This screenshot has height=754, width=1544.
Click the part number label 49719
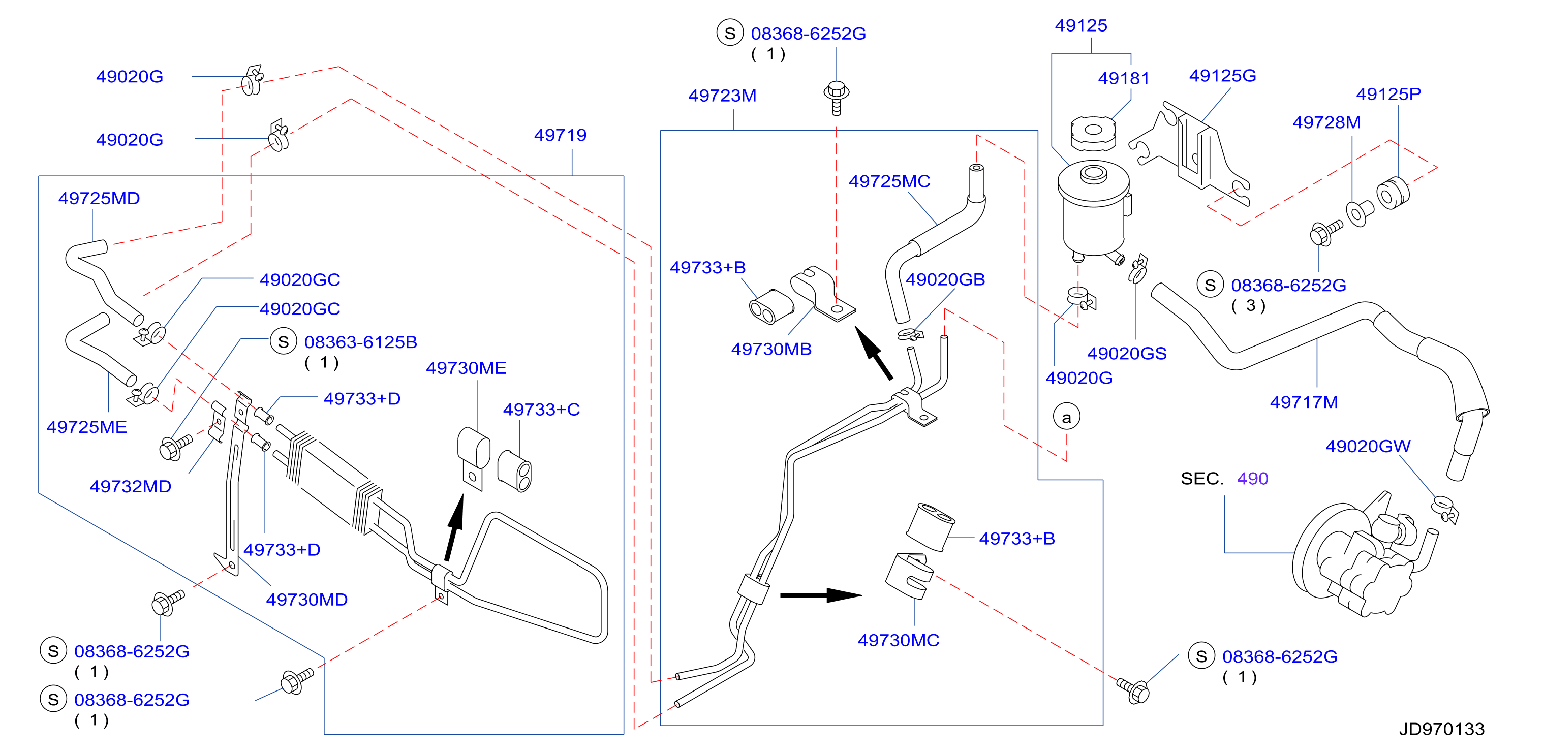click(x=560, y=135)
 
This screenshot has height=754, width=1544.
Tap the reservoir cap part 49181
click(x=1093, y=134)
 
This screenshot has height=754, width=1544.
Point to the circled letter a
click(x=1066, y=417)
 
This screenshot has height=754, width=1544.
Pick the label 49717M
click(x=1304, y=402)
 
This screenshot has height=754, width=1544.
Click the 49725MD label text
click(x=99, y=198)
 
